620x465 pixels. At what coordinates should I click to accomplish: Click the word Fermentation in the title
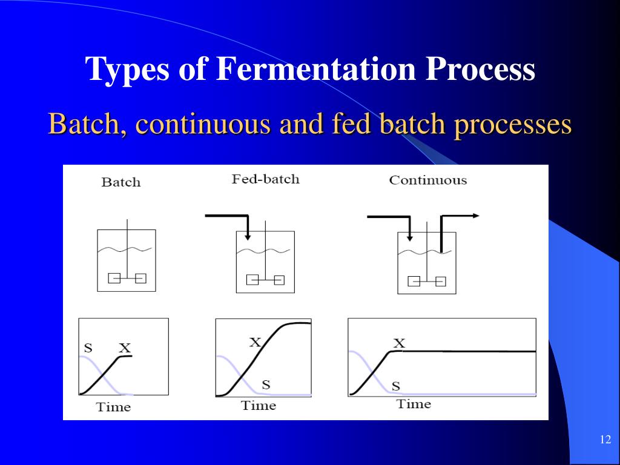click(x=315, y=69)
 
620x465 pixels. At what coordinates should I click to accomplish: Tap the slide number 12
click(x=605, y=440)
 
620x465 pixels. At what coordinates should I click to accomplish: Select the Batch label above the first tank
click(x=121, y=182)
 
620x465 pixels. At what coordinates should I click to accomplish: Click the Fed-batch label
click(x=265, y=179)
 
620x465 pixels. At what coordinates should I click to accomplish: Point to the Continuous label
click(x=428, y=180)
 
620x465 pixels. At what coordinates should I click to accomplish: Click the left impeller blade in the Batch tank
click(x=114, y=278)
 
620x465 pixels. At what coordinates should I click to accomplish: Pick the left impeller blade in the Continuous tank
click(x=414, y=281)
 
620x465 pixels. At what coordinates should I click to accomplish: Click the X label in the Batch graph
click(x=125, y=348)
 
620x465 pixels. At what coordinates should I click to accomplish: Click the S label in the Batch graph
click(x=88, y=348)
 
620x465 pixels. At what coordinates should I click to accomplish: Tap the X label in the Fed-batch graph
click(x=256, y=342)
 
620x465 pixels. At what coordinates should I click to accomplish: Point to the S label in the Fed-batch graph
click(x=266, y=384)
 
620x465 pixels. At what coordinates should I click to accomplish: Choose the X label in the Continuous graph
click(x=399, y=343)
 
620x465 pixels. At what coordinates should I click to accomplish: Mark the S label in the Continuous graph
click(x=395, y=386)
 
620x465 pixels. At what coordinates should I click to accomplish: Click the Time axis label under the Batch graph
click(x=113, y=407)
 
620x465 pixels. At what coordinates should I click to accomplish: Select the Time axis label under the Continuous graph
click(x=414, y=404)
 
